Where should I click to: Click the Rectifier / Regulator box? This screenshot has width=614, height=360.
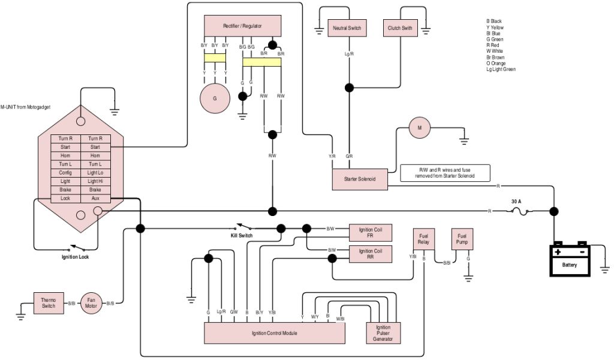click(242, 26)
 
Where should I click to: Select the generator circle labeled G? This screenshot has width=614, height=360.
click(214, 98)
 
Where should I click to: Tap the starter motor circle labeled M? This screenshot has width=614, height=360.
click(420, 128)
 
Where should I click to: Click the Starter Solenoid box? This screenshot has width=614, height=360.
click(359, 179)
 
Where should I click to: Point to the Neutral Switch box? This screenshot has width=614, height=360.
click(347, 28)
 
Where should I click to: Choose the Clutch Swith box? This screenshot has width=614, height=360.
click(400, 28)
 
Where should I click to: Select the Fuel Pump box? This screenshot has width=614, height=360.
click(462, 239)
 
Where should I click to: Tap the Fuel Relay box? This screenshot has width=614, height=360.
click(423, 239)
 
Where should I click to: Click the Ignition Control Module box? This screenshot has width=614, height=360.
click(275, 333)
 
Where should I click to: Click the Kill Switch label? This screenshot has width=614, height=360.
click(242, 236)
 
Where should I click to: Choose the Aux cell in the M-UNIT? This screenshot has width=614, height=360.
click(95, 198)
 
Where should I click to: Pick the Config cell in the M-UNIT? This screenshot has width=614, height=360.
click(65, 173)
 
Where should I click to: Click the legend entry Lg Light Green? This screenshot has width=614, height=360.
click(501, 70)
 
